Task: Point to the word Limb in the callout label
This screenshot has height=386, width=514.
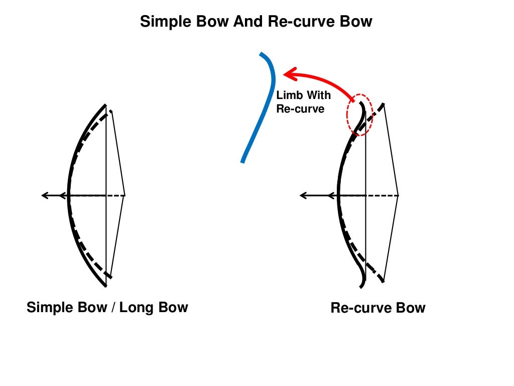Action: [288, 95]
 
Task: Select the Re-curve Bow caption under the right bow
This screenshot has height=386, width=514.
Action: [377, 308]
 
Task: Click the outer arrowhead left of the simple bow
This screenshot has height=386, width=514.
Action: [44, 195]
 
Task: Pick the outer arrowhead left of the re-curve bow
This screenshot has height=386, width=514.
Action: [303, 195]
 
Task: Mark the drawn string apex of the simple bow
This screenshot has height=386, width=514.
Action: [124, 195]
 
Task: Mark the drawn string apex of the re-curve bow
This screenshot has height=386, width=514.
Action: [398, 195]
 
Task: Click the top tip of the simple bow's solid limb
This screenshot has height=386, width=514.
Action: [105, 105]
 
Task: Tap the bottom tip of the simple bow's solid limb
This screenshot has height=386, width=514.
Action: [105, 285]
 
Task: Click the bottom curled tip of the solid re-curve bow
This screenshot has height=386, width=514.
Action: [361, 287]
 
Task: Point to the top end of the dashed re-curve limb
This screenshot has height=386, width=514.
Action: [384, 104]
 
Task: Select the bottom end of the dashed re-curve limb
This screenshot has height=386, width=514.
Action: [383, 280]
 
